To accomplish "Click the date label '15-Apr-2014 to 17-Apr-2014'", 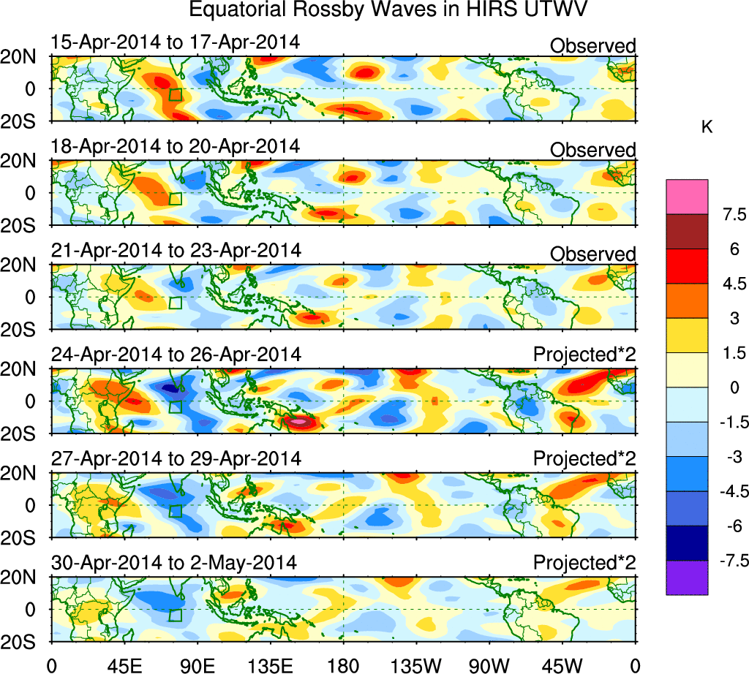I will point(175,42).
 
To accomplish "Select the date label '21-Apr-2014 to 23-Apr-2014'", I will point(176,250).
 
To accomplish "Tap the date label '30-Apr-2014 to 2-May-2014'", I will point(173,563).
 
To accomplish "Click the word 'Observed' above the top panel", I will point(592,46).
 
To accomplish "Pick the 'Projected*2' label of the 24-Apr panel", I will point(584,355).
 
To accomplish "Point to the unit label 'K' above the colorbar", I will point(707,127).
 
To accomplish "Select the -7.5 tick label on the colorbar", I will point(729,561).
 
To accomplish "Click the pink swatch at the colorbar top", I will point(687,196).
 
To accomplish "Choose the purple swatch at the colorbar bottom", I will point(687,578).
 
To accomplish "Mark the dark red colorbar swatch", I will point(687,231).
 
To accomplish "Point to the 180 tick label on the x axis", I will point(343,664).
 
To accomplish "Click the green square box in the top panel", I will point(175,94).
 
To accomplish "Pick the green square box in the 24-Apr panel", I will point(175,407).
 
